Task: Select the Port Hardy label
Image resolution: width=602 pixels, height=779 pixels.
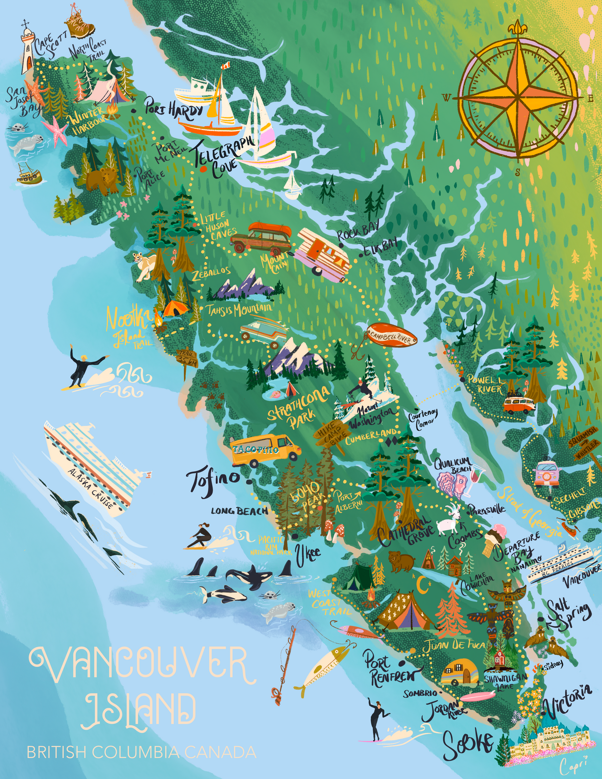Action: point(174,109)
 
